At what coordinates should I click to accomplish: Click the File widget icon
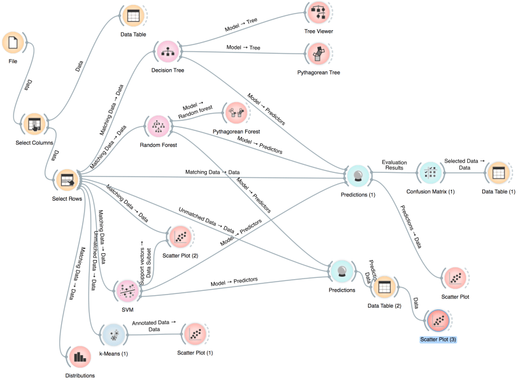coord(14,43)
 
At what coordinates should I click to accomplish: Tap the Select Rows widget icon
coord(65,180)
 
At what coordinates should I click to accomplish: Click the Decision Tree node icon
coord(167,52)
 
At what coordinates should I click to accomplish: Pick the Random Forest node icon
coord(155,127)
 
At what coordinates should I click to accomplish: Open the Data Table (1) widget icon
coord(498,174)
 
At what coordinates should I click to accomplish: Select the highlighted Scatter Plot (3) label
coord(438,340)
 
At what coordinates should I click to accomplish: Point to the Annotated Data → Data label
coord(154,326)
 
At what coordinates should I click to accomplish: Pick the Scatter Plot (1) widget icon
coord(194,335)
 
